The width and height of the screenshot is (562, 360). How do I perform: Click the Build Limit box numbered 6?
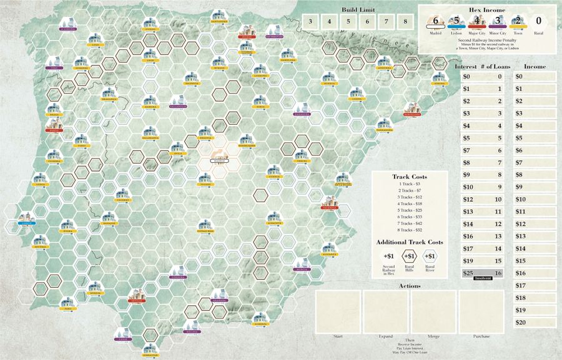click(368, 21)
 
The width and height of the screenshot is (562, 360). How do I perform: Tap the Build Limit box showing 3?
click(310, 21)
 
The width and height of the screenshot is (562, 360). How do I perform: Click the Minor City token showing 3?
click(497, 21)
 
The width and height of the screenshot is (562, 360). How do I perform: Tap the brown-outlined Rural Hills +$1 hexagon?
click(410, 256)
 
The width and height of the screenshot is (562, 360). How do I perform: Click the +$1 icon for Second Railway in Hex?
click(389, 256)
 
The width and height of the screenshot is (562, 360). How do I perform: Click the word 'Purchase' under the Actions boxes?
click(482, 336)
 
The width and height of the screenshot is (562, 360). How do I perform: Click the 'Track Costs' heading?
click(409, 177)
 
